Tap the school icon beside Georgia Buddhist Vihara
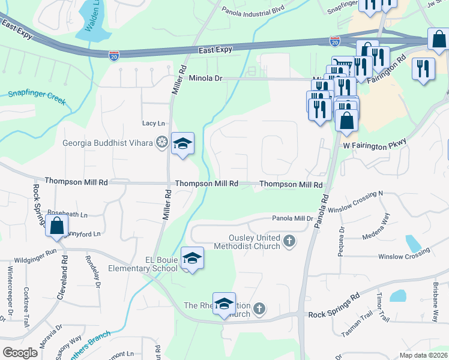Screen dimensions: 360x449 pos(182,144)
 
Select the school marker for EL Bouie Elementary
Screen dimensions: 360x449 pos(192,259)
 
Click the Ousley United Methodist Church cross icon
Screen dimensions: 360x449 pos(289,241)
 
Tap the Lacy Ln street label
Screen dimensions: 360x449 pos(153,124)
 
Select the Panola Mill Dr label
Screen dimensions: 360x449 pos(292,218)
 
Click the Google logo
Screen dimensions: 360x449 pos(20,353)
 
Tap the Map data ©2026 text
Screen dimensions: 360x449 pos(424,355)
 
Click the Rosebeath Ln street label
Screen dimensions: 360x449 pos(67,214)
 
